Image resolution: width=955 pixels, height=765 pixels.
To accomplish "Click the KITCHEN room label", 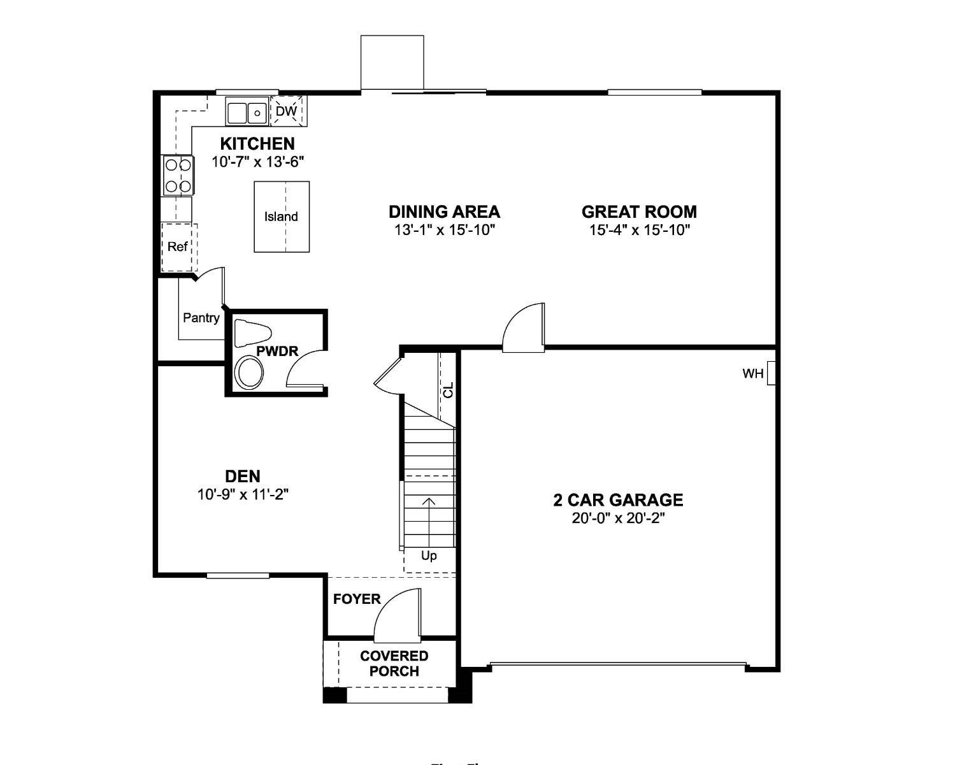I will [x=257, y=144].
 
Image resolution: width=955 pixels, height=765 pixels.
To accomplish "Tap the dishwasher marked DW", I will [x=287, y=111].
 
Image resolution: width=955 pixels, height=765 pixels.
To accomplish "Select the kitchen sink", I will [x=247, y=112].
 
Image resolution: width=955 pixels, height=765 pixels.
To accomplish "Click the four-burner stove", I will [x=178, y=175].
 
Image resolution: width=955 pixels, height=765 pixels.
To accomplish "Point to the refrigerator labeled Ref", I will [x=178, y=247].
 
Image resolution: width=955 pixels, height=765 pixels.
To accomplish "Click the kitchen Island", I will [x=282, y=217].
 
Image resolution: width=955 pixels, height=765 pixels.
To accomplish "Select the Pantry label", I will [x=201, y=318].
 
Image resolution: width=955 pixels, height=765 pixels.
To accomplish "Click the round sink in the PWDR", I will [x=249, y=373].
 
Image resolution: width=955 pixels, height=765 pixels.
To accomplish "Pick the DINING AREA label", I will [x=444, y=211].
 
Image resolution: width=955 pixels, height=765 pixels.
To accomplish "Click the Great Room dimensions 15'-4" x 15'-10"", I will [x=639, y=230].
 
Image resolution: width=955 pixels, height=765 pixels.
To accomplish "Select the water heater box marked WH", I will [x=771, y=374].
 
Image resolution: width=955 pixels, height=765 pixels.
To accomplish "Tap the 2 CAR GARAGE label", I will [x=618, y=500].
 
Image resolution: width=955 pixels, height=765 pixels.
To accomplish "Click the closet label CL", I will [x=449, y=390].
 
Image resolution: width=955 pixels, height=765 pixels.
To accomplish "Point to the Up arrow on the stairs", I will [x=429, y=519].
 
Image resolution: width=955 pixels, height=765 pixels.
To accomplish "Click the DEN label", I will [x=243, y=476].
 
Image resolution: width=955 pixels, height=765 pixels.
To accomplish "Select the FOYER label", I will [x=357, y=599].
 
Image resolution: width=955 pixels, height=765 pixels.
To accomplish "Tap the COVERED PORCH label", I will [x=394, y=664].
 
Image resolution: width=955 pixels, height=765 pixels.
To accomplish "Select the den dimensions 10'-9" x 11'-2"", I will [x=243, y=494].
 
